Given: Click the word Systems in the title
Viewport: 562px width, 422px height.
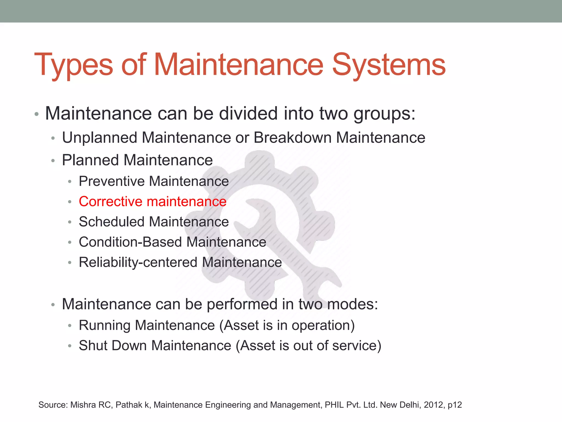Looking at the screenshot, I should pos(389,65).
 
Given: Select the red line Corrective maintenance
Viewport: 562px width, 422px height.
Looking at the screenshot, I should pos(153,201).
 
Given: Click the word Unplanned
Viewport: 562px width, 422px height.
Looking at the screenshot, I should pos(100,138).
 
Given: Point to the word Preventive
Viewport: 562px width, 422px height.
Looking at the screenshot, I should pos(112,181).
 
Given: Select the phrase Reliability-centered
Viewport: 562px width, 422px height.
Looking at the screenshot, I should pos(138,262).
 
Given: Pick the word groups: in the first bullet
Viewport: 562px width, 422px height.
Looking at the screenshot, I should pos(384,114).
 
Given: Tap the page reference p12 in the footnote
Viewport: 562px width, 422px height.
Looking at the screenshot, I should pos(455,405).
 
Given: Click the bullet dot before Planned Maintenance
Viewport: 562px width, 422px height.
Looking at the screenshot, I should pos(53,161).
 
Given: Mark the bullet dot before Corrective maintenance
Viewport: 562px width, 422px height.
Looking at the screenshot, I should pos(70,202).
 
